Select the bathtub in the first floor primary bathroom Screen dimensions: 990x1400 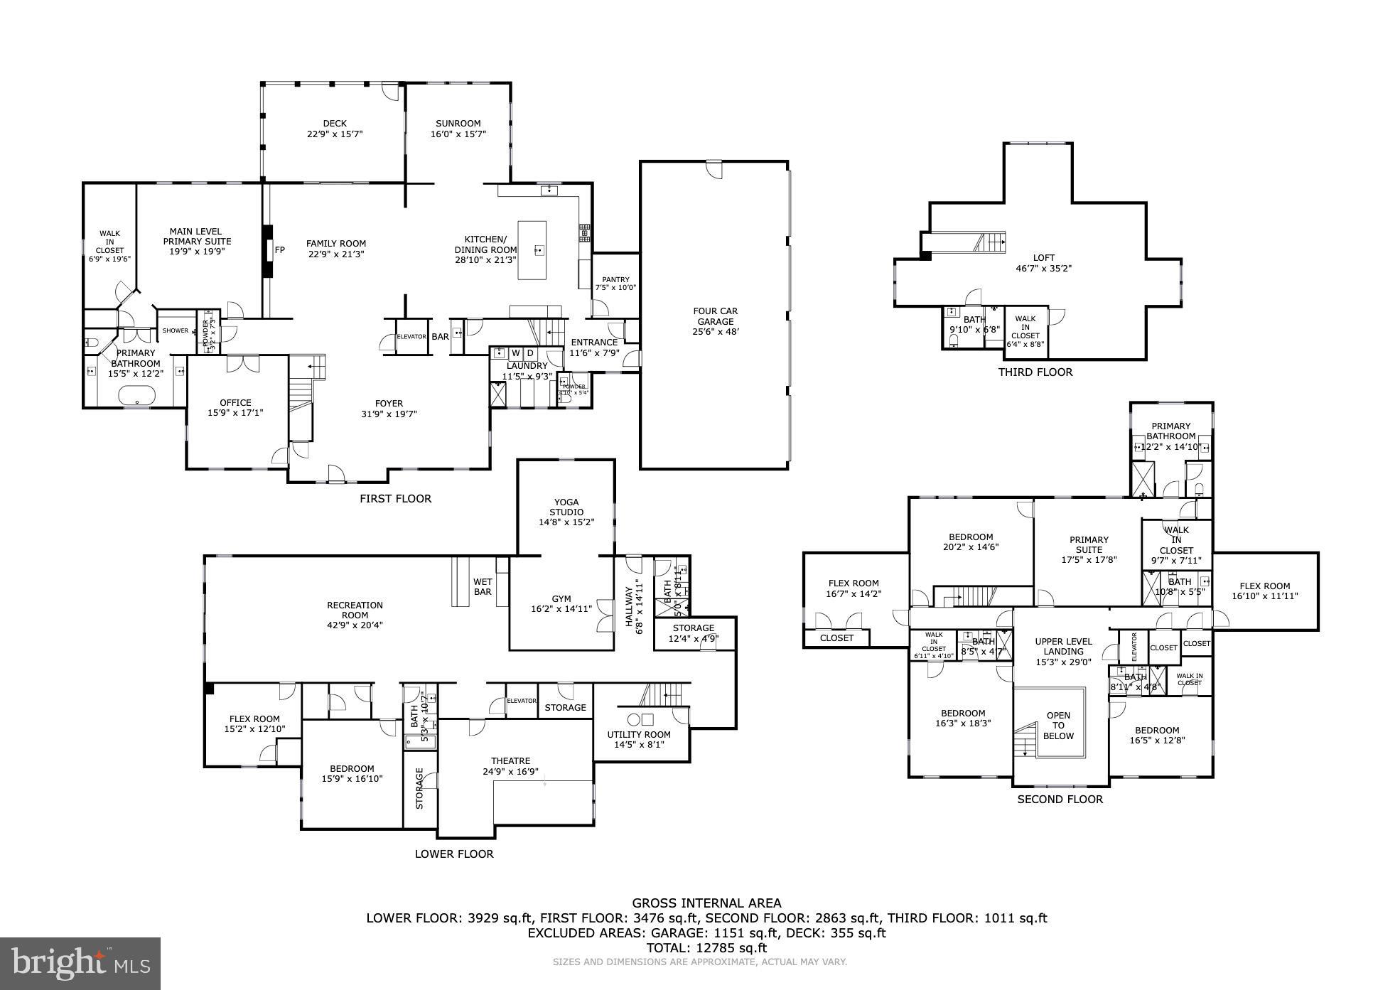click(x=138, y=395)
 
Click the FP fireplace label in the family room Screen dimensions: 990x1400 click(x=280, y=250)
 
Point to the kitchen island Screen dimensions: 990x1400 click(x=532, y=250)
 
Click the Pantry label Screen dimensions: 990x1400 click(x=615, y=280)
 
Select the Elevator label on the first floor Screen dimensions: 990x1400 click(x=411, y=337)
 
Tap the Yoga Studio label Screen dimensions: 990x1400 click(x=566, y=507)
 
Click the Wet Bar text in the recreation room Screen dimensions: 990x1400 click(x=483, y=587)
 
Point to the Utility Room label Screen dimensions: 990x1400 click(x=638, y=735)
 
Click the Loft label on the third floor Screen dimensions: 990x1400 click(x=1044, y=258)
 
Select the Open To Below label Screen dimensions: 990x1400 click(x=1058, y=726)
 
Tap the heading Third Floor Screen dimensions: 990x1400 click(x=1035, y=372)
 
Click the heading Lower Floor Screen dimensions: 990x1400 click(x=454, y=854)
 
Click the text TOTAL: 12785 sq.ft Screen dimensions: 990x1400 click(x=706, y=947)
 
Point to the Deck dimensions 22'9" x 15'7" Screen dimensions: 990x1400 click(x=335, y=134)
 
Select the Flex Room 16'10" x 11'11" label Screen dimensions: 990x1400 click(x=1265, y=591)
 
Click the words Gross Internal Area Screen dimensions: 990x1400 click(x=706, y=903)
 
